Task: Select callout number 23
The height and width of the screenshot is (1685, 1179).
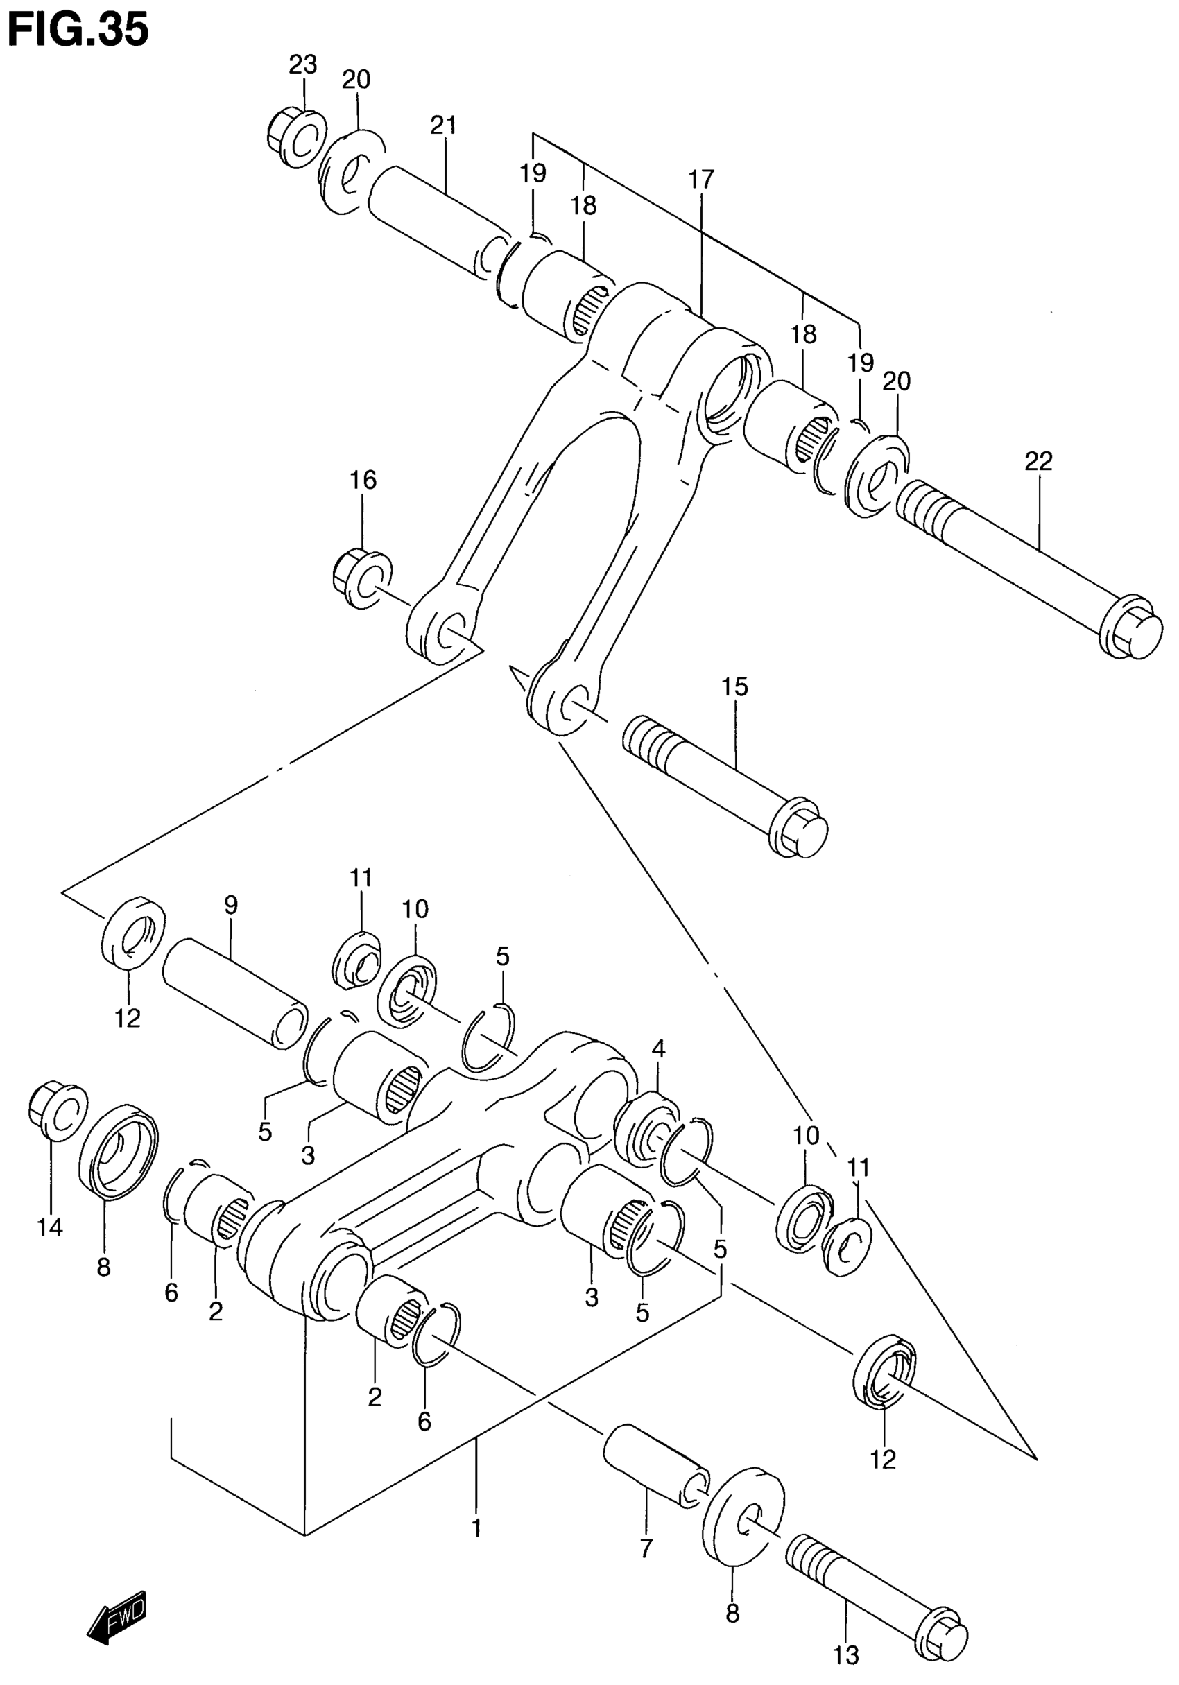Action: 302,65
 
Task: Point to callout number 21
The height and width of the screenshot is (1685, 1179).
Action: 442,126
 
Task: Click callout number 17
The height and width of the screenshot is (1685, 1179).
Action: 701,178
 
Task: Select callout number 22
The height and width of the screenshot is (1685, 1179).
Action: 1039,461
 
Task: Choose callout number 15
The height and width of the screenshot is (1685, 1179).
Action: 734,687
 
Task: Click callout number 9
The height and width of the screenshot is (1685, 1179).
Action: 230,905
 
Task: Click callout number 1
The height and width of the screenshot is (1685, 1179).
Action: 476,1528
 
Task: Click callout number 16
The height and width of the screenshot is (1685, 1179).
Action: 363,480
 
